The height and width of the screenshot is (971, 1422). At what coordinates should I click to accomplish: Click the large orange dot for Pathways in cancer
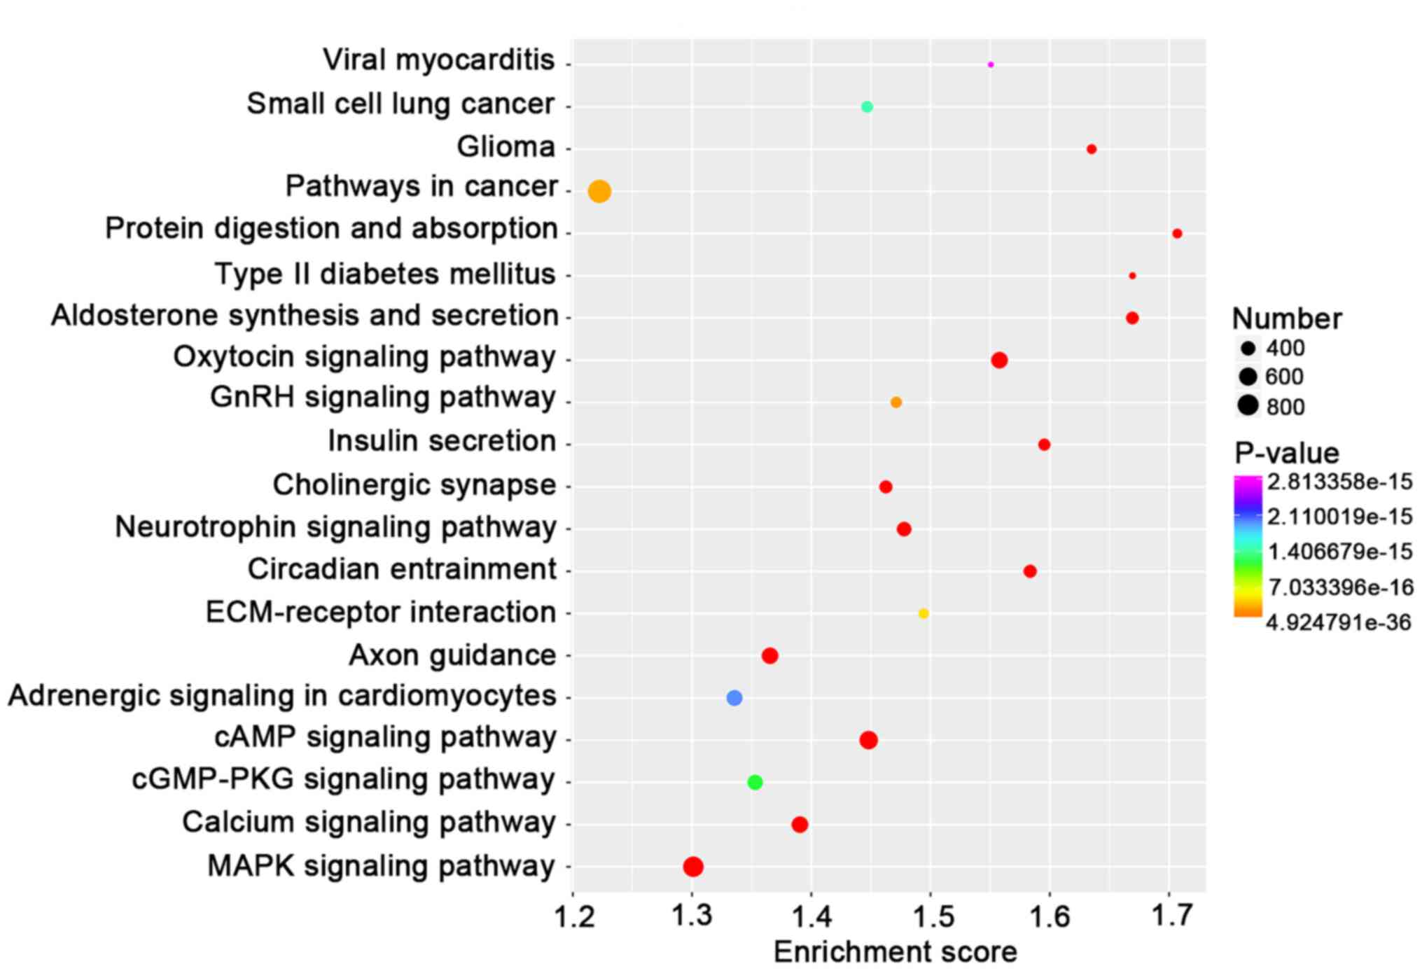[599, 191]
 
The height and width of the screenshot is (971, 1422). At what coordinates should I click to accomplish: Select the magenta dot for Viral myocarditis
[990, 64]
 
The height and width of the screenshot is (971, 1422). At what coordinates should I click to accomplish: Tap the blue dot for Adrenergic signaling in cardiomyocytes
[734, 698]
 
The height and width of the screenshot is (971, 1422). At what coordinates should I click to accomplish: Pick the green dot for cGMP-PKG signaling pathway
[755, 782]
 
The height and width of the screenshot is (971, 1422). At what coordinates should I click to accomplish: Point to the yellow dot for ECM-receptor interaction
[923, 613]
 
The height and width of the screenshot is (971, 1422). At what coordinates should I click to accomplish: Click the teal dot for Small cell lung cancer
[867, 106]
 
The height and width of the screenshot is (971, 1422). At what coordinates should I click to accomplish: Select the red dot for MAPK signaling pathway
[693, 867]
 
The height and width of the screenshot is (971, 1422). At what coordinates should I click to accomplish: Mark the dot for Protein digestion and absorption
[1177, 233]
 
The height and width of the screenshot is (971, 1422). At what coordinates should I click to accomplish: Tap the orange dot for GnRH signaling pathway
[896, 403]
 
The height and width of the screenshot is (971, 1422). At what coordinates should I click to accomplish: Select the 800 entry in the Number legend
[1285, 407]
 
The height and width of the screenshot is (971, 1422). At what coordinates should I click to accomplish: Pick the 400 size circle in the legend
[1248, 348]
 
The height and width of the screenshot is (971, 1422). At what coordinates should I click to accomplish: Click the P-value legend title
[1286, 454]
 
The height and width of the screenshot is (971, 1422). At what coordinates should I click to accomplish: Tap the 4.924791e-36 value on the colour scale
[1338, 622]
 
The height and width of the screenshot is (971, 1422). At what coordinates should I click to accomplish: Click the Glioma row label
[506, 147]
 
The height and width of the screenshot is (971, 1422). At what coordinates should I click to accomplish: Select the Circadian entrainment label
[402, 569]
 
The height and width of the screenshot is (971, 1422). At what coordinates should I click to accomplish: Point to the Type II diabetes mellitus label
[384, 274]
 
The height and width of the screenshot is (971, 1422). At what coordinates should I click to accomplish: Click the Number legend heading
[1287, 319]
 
